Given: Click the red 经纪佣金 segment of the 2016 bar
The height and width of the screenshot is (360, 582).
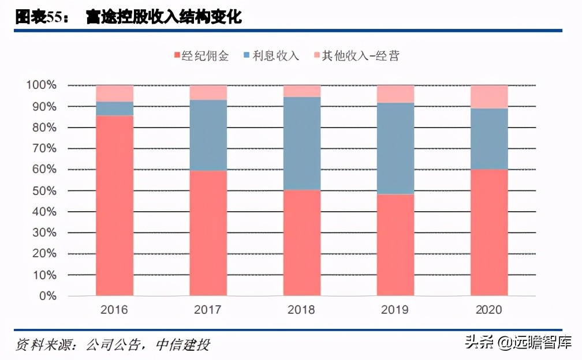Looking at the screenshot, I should coord(114,206).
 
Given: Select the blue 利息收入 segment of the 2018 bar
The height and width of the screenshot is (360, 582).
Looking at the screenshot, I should coord(302,143).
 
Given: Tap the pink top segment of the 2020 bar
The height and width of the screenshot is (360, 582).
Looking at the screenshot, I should coord(489,96).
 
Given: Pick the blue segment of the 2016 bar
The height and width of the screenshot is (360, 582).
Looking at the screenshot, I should coord(114,108).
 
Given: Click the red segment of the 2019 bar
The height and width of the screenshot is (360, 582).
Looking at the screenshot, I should coord(396,245).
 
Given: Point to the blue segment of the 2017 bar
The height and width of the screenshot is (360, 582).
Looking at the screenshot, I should coord(208,135).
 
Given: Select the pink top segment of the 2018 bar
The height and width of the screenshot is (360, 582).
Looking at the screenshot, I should coord(302,91).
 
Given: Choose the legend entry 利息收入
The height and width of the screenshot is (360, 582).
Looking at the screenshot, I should coord(271,56).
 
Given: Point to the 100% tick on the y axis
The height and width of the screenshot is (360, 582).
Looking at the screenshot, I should coord(40,85).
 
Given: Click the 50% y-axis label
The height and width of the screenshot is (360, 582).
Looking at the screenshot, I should coord(43,191).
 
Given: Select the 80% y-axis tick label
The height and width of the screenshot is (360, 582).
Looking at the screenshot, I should coord(43,127).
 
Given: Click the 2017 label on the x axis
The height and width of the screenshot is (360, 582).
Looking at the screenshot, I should coord(208,310).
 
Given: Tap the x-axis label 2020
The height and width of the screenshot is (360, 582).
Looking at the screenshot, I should coord(489,310).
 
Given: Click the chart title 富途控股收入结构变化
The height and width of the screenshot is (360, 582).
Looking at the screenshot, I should coord(163,17).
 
